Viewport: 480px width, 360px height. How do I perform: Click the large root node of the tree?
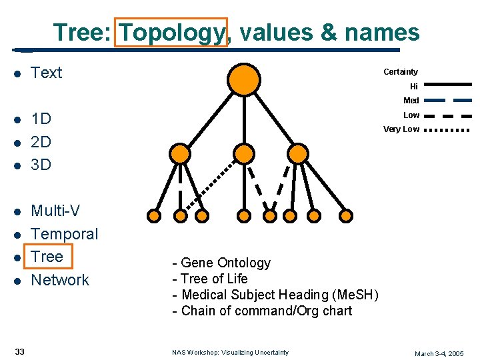245,78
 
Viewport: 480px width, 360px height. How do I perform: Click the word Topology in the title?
171,32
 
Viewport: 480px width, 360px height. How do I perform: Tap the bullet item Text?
47,73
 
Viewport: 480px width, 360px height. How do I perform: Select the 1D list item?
41,119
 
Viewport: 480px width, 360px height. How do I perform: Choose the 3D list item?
41,164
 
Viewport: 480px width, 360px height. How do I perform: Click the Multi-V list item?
55,211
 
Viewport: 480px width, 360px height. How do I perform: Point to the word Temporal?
65,234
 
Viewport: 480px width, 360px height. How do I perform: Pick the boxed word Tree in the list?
47,257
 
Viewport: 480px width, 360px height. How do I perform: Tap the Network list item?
60,280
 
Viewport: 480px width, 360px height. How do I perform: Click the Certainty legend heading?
401,72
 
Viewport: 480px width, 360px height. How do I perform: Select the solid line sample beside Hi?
447,85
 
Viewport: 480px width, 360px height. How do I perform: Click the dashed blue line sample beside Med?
447,100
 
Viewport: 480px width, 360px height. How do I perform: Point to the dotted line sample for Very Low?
447,129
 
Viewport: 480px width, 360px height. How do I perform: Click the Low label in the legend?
411,115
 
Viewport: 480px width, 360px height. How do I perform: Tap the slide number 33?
20,352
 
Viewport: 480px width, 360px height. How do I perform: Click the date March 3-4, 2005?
439,353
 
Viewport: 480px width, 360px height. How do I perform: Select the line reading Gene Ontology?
221,263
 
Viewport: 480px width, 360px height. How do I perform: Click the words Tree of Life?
210,279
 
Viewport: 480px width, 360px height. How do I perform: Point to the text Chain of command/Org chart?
262,311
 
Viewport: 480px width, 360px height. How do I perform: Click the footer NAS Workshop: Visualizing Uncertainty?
230,353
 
